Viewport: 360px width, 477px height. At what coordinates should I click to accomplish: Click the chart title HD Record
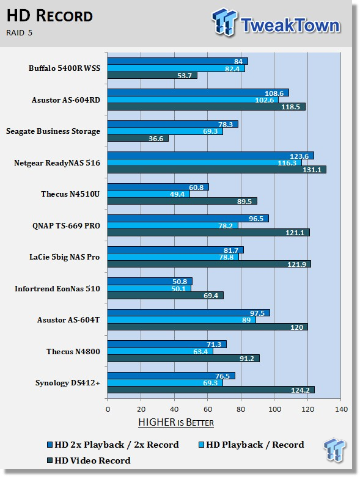(x=50, y=16)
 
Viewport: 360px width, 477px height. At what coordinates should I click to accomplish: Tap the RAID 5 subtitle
(x=19, y=33)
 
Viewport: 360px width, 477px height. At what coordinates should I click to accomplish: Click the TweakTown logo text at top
(x=290, y=25)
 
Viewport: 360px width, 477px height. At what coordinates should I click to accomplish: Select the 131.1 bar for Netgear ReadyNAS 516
(x=216, y=170)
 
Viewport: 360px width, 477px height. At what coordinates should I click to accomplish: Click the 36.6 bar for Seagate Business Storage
(x=138, y=139)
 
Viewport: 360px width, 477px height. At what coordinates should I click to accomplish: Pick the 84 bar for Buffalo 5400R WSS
(x=178, y=61)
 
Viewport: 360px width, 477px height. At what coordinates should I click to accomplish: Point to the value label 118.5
(x=290, y=107)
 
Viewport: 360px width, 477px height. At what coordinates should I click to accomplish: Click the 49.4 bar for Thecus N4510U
(x=149, y=194)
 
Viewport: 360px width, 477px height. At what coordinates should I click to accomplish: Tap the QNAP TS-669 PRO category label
(x=66, y=226)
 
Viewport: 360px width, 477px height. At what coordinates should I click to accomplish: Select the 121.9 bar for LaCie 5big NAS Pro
(x=209, y=264)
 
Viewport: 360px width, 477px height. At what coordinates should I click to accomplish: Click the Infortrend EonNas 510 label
(x=57, y=288)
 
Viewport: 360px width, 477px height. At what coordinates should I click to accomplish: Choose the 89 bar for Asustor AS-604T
(x=182, y=319)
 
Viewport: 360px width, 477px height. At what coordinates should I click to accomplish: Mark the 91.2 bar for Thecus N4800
(x=183, y=359)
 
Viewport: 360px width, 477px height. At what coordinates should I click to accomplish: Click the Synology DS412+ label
(x=68, y=383)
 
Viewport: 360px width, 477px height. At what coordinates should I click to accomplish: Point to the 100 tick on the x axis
(x=274, y=409)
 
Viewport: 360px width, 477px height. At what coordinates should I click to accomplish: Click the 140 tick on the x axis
(x=341, y=409)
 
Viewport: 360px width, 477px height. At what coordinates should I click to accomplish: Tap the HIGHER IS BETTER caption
(x=176, y=422)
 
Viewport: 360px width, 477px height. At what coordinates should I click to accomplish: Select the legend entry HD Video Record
(x=89, y=461)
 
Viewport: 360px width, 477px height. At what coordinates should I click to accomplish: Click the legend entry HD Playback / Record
(x=251, y=445)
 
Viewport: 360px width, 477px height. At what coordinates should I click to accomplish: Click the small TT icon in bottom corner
(x=334, y=450)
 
